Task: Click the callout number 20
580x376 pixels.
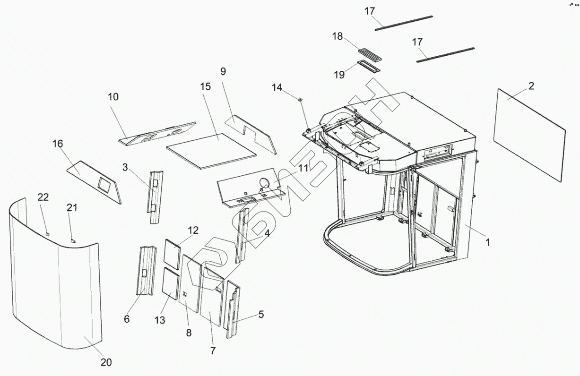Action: (106, 362)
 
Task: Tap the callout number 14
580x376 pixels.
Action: (277, 87)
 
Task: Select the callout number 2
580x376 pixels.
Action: (531, 86)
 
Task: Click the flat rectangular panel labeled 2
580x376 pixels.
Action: (529, 135)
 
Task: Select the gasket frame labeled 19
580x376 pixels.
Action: (368, 65)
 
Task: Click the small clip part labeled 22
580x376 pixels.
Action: (47, 232)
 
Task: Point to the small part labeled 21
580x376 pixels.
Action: (72, 240)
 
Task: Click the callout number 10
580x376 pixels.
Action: (113, 97)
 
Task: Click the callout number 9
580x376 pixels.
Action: (223, 71)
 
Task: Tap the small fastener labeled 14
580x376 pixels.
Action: (301, 99)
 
